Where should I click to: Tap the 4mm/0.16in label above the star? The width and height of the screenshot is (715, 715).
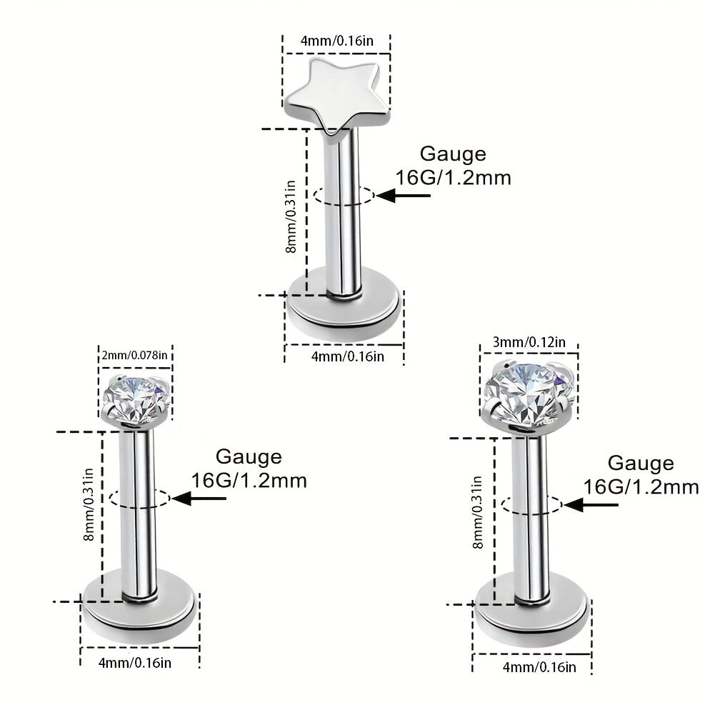point(336,41)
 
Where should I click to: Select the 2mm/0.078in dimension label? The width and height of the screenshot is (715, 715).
point(134,354)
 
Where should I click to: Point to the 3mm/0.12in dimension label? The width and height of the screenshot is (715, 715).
point(529,342)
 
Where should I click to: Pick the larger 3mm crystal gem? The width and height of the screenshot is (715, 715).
point(528,393)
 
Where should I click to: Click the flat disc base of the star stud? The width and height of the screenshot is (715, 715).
point(344,306)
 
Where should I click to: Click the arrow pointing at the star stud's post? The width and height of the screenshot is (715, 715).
point(403,196)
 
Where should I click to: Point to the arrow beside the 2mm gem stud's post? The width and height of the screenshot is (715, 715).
point(199,499)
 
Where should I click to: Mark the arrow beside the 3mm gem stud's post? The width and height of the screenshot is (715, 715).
point(591,505)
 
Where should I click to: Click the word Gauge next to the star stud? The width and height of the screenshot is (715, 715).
point(453,154)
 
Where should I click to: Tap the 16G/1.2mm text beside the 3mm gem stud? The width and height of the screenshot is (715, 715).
point(641,487)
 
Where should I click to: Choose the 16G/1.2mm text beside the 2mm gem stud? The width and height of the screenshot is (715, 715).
point(249,481)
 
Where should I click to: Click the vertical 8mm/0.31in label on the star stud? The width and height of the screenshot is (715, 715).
point(291,216)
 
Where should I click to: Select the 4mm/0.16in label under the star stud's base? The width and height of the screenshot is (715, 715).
point(347,356)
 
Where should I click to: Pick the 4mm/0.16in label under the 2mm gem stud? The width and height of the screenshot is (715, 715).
point(135,662)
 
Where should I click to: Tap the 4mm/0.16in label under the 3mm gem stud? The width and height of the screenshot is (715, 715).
point(539,667)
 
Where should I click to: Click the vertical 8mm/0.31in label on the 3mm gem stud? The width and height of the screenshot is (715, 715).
point(477,512)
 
